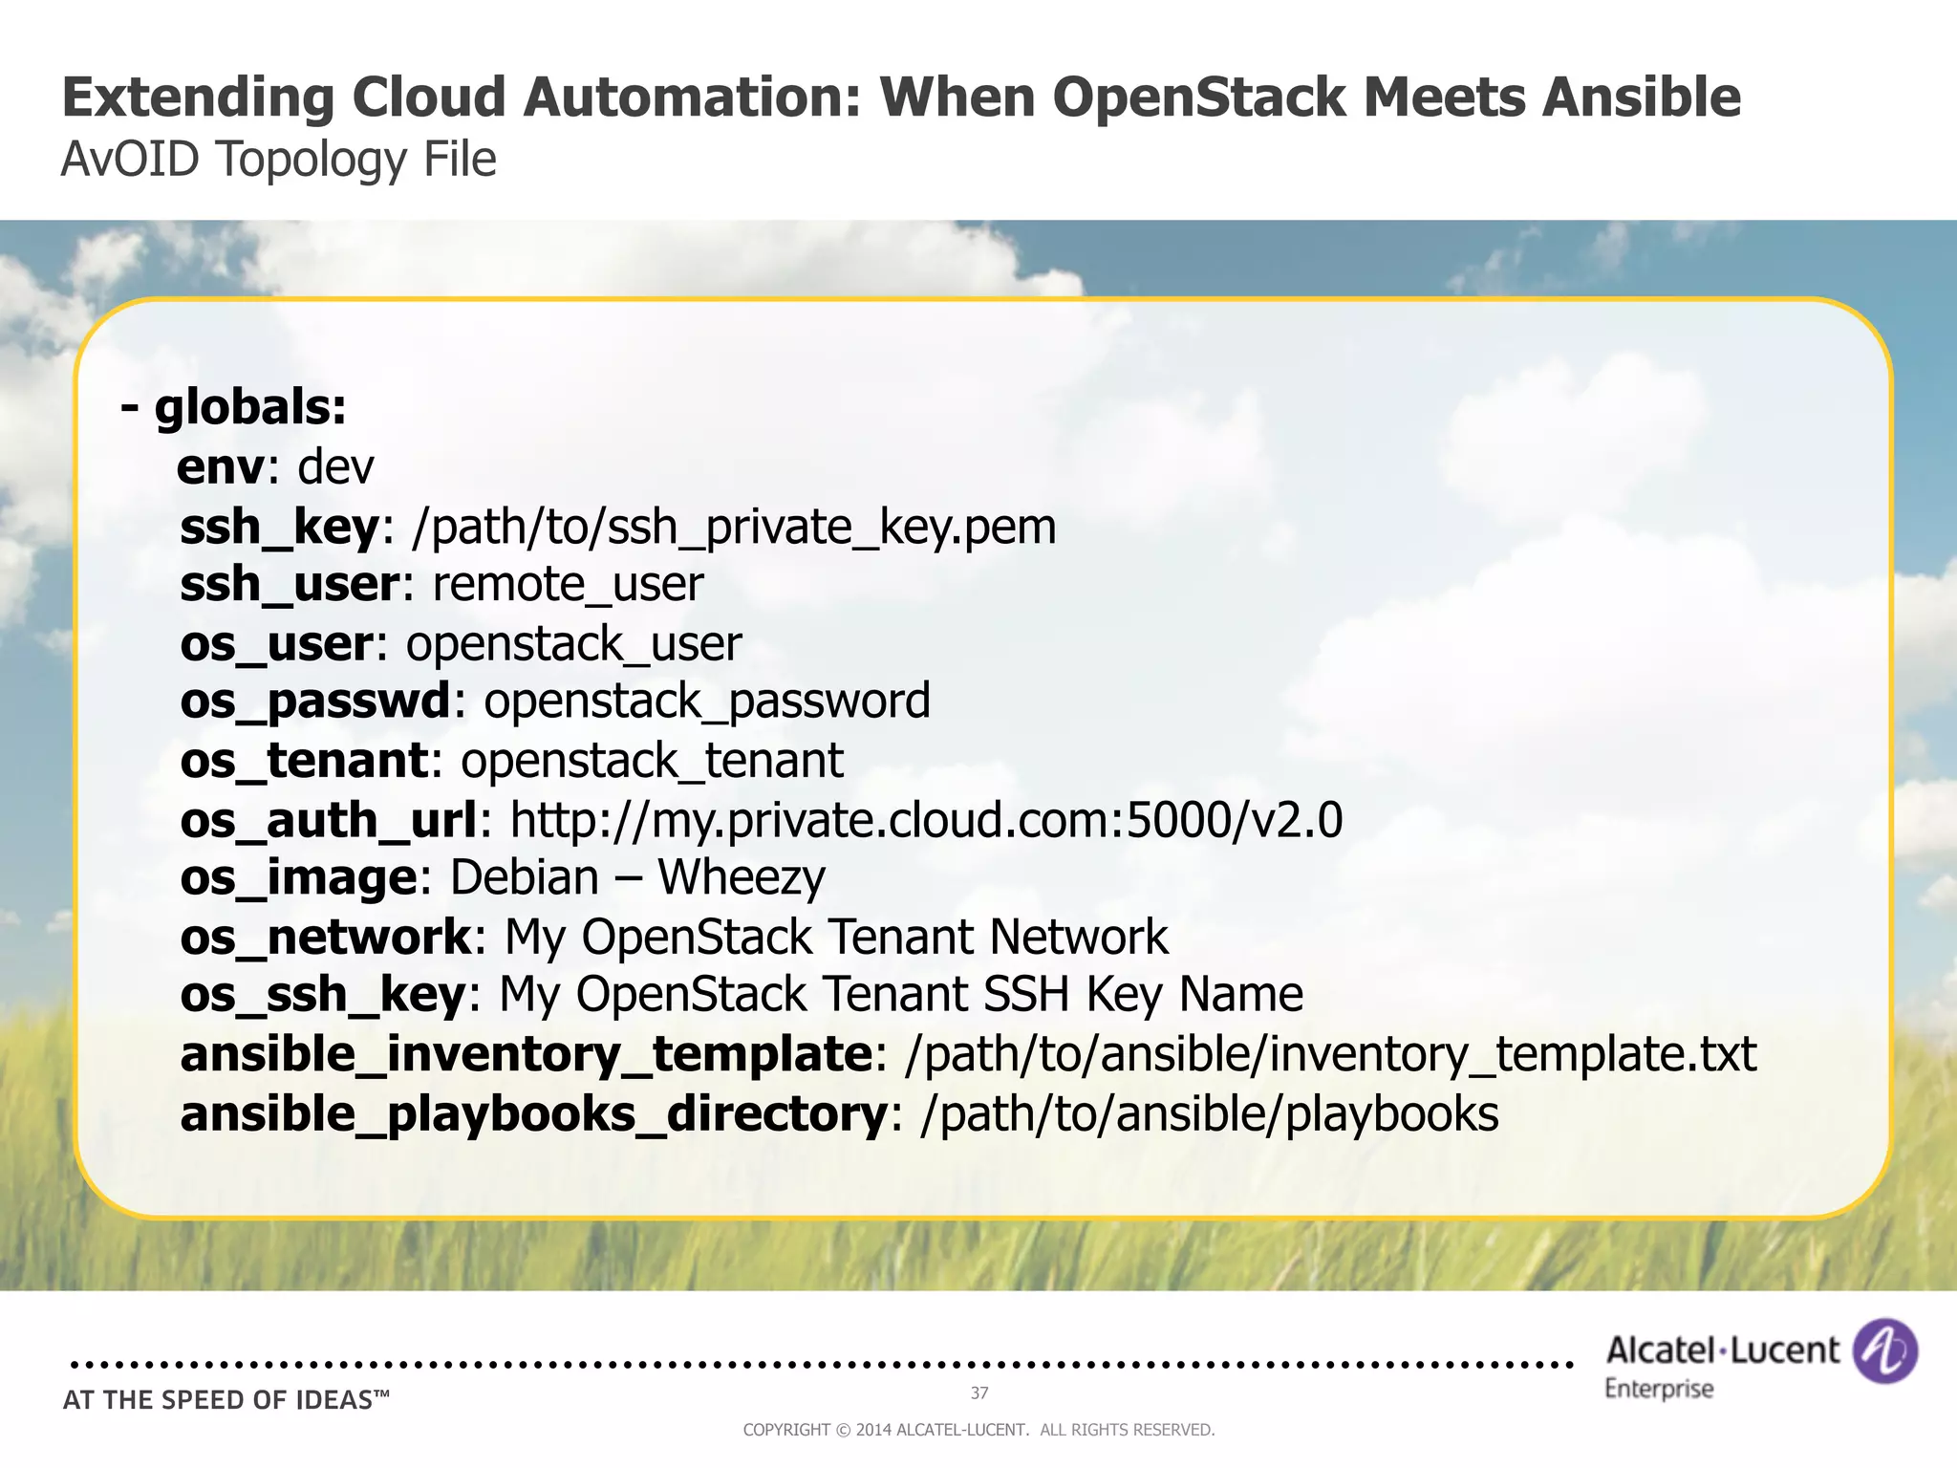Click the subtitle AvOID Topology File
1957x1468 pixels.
pos(278,159)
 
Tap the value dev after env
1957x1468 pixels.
pos(335,467)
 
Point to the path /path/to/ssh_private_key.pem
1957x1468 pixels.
pos(733,527)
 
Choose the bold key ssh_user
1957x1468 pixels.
pos(289,584)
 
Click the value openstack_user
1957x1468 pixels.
pos(573,643)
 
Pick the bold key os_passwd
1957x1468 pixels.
pos(314,701)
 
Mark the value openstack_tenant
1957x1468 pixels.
pos(652,761)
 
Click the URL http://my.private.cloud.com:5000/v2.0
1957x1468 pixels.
pos(926,820)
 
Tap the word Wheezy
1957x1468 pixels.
pos(742,878)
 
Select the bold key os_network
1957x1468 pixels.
pos(326,937)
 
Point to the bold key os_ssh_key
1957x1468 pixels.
pos(322,995)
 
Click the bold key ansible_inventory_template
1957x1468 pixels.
pos(526,1054)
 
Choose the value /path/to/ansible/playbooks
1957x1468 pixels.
pos(1209,1114)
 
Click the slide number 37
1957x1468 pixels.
pos(979,1392)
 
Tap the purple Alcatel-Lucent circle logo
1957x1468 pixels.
pos(1884,1351)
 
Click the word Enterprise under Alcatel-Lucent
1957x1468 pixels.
pos(1659,1389)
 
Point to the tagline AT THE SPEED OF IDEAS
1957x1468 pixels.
pos(226,1400)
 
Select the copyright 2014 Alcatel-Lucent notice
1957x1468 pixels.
pos(978,1430)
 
